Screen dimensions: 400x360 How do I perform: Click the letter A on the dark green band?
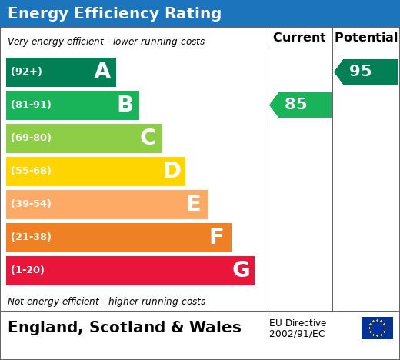[x=102, y=71]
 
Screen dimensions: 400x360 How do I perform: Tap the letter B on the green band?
[x=125, y=104]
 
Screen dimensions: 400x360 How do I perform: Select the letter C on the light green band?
[x=148, y=137]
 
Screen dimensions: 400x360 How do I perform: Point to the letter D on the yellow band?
[x=172, y=170]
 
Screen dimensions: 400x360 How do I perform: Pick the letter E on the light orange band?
[x=194, y=203]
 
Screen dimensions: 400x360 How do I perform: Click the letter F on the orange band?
[x=217, y=236]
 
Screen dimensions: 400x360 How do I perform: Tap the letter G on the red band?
[x=242, y=269]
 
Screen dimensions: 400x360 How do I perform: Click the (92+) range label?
[x=26, y=71]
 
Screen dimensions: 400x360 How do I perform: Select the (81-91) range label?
[x=31, y=105]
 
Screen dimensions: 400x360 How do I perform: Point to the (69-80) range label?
[x=31, y=138]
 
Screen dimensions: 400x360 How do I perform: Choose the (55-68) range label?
[x=31, y=171]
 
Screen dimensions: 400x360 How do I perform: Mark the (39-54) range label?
[x=31, y=204]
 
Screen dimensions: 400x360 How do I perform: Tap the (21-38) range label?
[x=31, y=237]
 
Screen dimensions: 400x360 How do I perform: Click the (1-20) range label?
[x=28, y=270]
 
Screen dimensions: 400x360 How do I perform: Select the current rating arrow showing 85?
[x=300, y=105]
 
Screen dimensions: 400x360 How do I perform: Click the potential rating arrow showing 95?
[x=366, y=72]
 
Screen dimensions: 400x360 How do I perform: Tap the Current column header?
[x=299, y=38]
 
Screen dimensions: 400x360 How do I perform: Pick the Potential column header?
[x=366, y=38]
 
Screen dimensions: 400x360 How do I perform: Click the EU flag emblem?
[x=377, y=328]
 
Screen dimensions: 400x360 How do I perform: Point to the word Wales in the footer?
[x=215, y=327]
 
